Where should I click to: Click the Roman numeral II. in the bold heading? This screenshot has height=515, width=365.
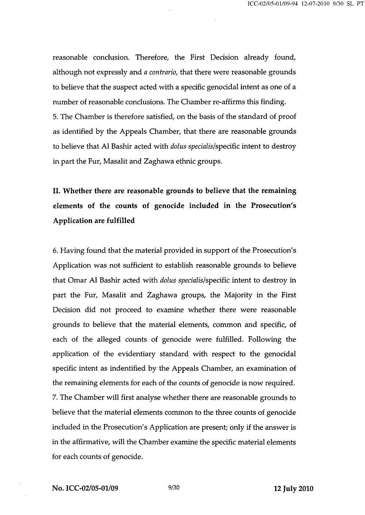click(x=57, y=191)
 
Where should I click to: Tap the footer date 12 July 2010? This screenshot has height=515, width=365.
click(x=293, y=489)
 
